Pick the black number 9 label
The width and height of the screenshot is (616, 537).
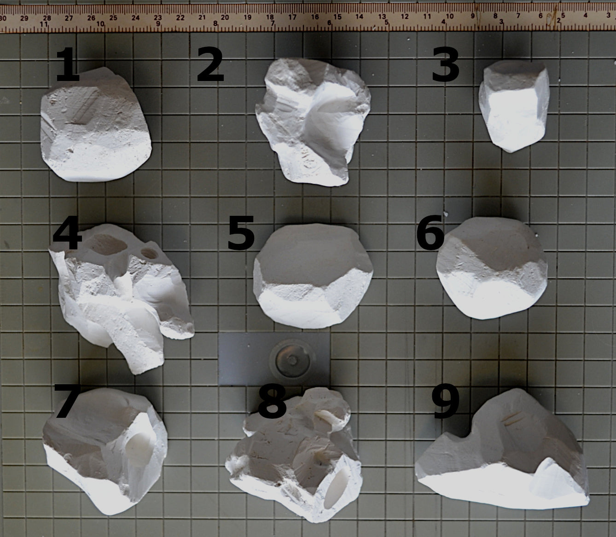point(445,403)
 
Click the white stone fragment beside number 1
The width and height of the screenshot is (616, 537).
point(96,125)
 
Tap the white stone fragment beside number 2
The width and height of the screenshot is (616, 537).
point(313,121)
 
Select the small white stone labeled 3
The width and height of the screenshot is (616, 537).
point(514,106)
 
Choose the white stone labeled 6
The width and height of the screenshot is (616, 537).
point(492,268)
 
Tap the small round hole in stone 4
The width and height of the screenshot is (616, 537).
point(150,253)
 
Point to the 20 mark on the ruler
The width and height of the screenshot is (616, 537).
point(225,17)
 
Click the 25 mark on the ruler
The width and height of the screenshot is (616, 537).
point(113,18)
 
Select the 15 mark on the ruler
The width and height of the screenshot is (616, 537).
point(337,17)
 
